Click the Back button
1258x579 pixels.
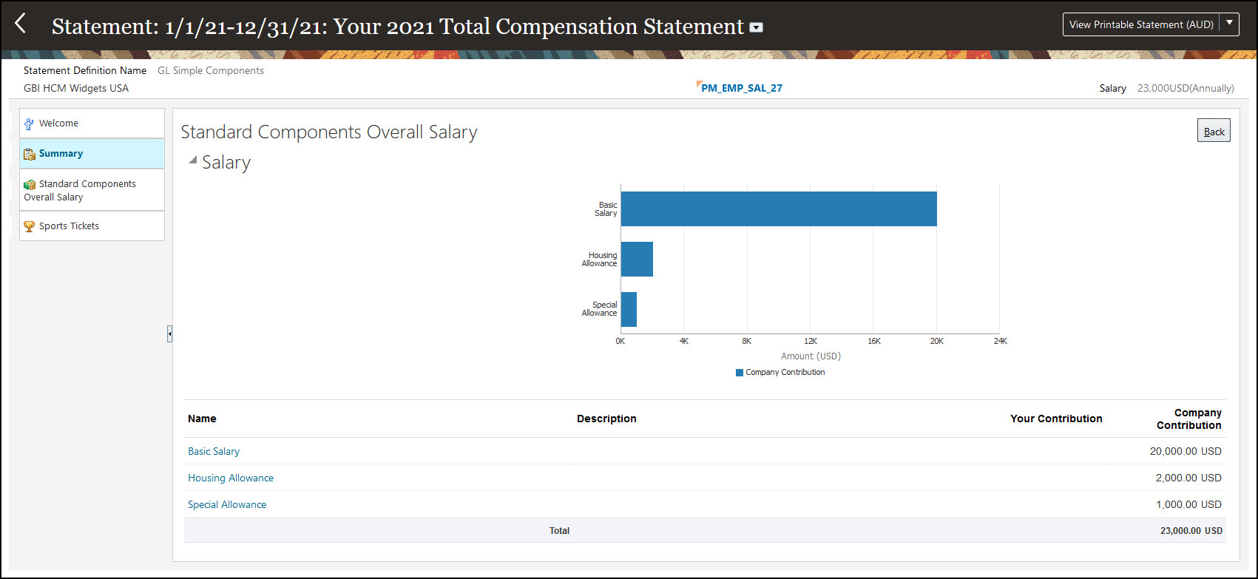pos(1214,132)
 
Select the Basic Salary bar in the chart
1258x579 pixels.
pos(778,209)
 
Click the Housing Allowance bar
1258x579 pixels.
pos(637,260)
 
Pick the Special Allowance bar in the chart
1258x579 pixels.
pos(629,309)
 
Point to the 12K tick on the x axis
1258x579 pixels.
pos(811,341)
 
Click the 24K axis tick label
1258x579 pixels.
pos(1000,341)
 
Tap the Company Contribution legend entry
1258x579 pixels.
pos(780,373)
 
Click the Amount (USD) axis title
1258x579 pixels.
pos(811,356)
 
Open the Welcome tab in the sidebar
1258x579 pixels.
pos(92,123)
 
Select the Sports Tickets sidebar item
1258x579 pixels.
pos(92,226)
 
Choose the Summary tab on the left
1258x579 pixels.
pos(92,154)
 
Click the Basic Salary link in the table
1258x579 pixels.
pos(214,451)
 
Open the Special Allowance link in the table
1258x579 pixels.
pos(227,504)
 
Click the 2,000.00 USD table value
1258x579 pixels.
pos(1188,478)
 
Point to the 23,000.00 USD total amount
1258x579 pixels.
pos(1191,530)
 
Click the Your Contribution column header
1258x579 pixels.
pos(1055,419)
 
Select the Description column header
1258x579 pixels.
pos(606,419)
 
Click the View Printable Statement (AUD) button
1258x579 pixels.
pos(1140,24)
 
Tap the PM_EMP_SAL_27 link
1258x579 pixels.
pos(741,88)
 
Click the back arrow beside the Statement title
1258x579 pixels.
pos(21,24)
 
